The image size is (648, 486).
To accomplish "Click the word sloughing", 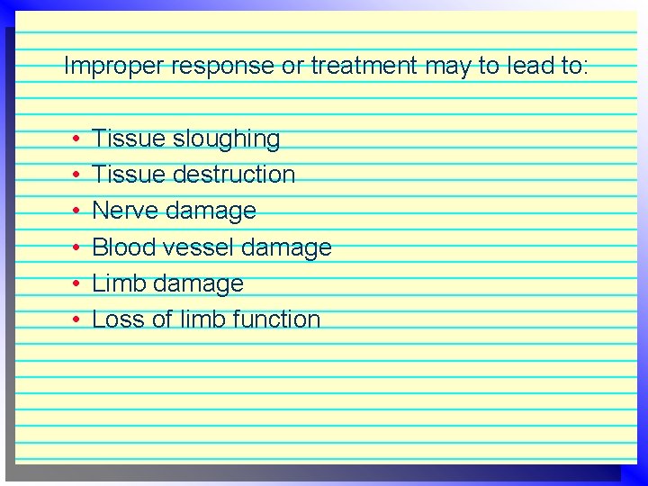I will (227, 139).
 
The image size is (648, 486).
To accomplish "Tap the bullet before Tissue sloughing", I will (78, 139).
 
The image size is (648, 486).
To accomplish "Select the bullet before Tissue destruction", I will (78, 175).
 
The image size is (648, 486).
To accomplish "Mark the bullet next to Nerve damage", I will (78, 211).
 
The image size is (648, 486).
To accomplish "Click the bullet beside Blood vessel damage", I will (78, 247).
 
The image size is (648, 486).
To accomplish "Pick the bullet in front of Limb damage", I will (78, 283).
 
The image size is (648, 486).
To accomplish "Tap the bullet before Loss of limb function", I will (78, 319).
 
